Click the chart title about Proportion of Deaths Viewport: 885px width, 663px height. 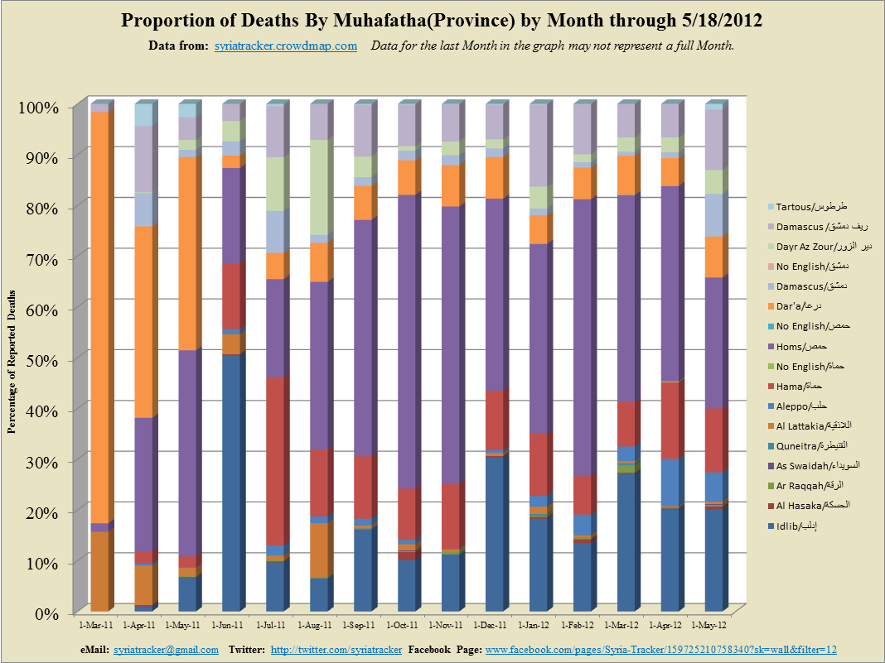442,20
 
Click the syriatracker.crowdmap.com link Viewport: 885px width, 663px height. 285,46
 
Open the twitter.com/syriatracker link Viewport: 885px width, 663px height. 336,651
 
